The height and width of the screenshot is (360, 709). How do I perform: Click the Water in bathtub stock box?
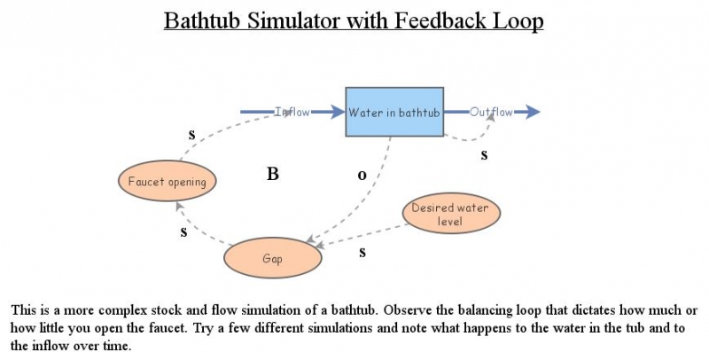point(394,112)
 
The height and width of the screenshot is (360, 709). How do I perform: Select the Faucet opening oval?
point(168,182)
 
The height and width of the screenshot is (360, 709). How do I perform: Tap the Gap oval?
point(271,258)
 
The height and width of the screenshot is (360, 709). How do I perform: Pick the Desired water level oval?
point(450,214)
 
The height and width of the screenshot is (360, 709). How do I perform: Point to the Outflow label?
point(491,112)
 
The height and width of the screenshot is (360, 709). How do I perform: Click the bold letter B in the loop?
point(273,175)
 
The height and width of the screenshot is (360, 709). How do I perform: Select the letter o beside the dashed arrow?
point(362,176)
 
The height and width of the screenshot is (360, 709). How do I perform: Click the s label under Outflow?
point(484,154)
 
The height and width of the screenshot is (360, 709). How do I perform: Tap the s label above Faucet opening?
point(191,135)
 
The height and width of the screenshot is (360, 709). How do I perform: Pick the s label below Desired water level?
point(362,252)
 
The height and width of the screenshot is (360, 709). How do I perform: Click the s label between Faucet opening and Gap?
point(183,232)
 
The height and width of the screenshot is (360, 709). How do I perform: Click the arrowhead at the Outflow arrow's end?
point(531,112)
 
